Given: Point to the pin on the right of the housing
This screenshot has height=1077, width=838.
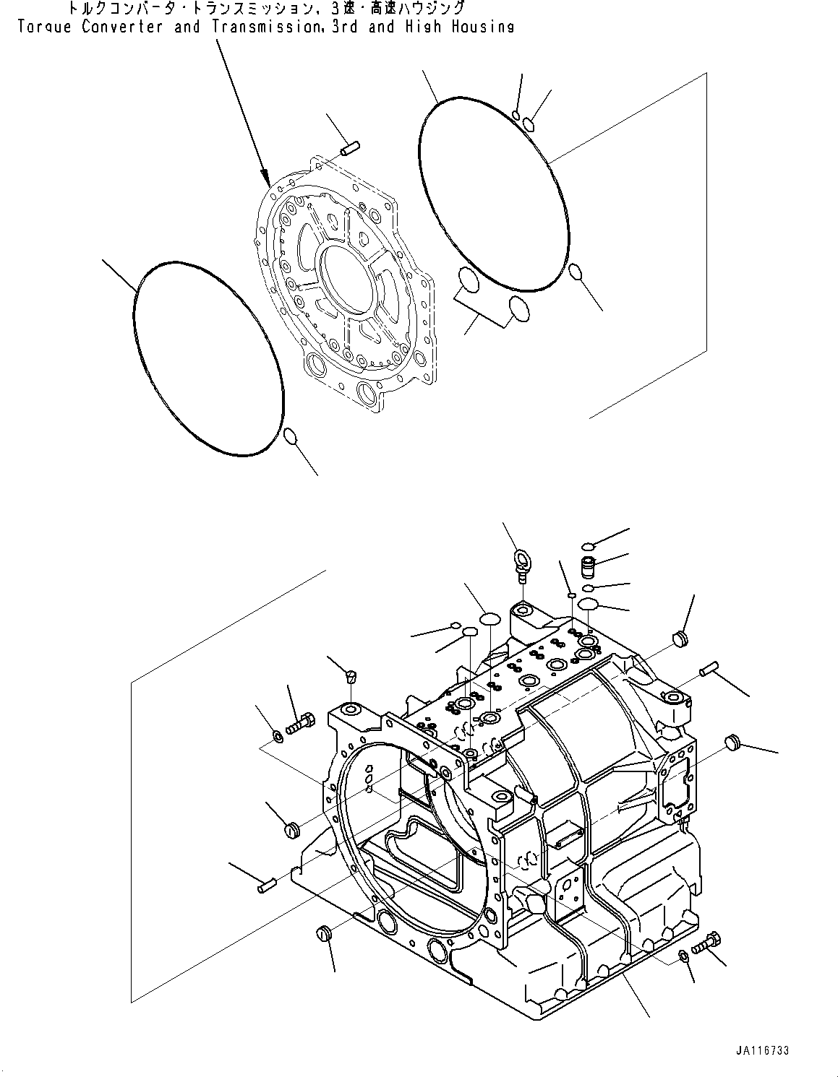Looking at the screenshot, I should coord(707,670).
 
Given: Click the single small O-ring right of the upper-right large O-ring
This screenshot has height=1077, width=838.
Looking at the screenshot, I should coord(576,272).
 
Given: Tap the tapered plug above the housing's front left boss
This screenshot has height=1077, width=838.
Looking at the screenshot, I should coord(351,676).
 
